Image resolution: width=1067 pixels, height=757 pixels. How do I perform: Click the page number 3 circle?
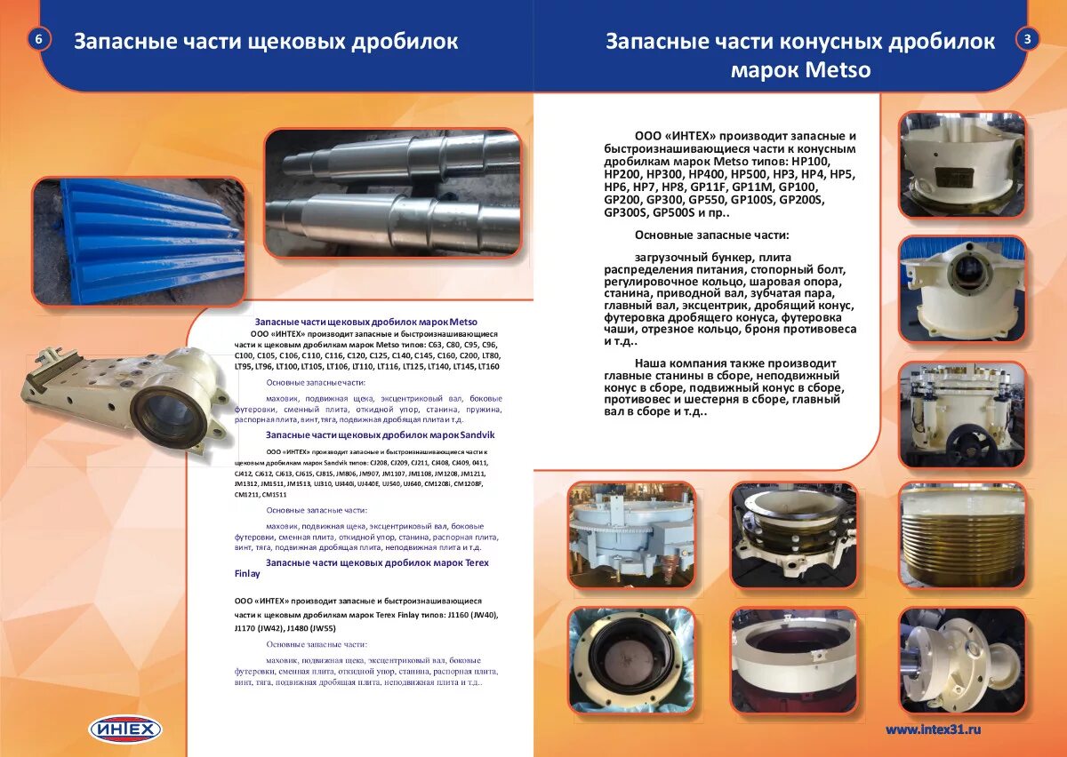1027,39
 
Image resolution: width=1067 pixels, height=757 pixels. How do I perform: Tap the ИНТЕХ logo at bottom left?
125,729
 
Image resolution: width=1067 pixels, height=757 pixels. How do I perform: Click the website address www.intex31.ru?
933,729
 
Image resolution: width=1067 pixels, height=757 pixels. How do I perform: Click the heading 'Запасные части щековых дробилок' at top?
266,42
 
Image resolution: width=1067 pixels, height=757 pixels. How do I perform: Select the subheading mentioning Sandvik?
380,434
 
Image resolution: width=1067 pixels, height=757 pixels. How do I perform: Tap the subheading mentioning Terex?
377,562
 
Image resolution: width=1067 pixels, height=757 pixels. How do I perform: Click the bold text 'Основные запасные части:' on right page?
711,235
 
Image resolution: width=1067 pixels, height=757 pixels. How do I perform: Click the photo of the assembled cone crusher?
962,415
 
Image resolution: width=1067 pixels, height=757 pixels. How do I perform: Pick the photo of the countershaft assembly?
962,661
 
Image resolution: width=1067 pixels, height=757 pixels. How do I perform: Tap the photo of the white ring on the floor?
794,661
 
